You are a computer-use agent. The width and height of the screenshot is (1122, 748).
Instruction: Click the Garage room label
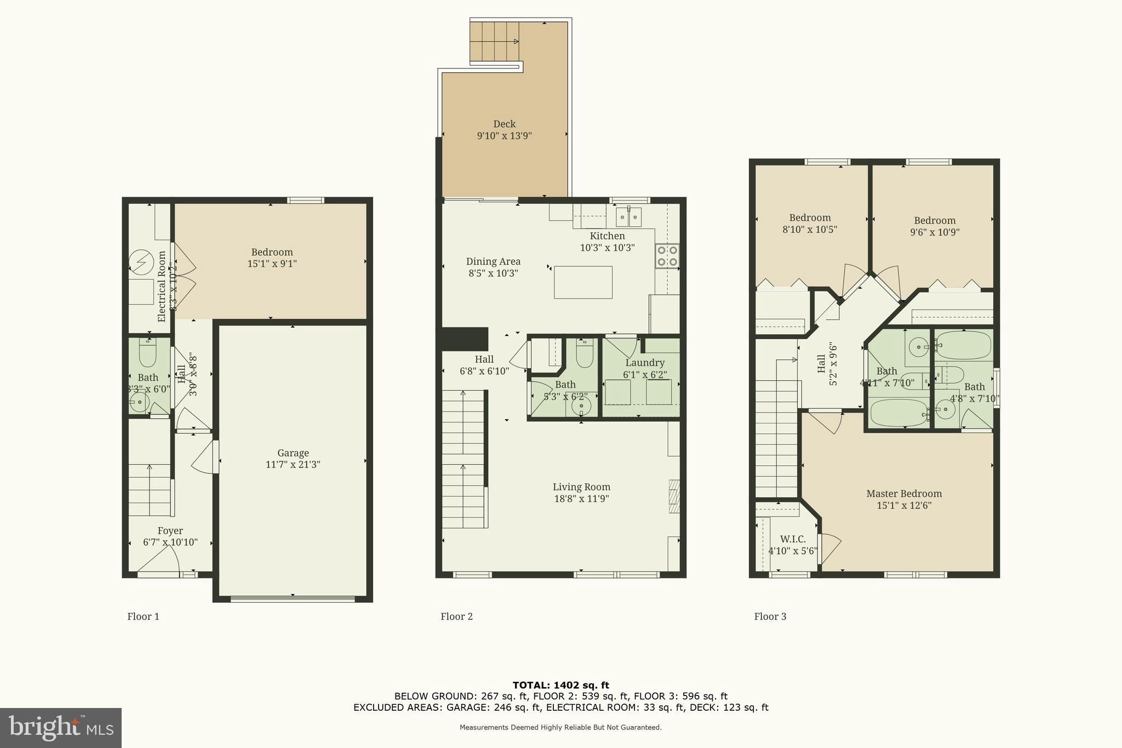pos(293,453)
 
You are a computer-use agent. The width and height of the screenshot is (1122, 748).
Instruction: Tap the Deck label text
pos(504,124)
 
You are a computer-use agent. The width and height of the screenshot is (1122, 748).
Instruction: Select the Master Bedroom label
pos(903,494)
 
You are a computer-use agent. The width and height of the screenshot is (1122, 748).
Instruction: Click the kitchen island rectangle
pos(583,282)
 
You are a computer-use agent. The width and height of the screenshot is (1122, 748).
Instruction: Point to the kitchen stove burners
pos(667,256)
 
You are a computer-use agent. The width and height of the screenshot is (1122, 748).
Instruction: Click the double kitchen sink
pos(628,217)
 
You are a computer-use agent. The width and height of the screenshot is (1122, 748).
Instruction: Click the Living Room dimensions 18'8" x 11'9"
pos(581,499)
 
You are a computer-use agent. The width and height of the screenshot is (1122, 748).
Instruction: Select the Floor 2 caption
pos(456,616)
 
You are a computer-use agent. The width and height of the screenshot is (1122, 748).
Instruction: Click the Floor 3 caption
pos(770,616)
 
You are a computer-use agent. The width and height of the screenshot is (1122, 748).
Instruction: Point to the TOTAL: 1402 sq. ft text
pos(560,685)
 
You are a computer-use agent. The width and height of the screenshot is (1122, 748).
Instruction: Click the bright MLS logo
pos(61,728)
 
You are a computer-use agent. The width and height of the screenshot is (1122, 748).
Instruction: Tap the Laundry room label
pos(645,363)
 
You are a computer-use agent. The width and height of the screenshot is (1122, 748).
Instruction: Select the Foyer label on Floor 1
pos(170,531)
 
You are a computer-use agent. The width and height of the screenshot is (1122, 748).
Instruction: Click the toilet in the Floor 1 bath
pos(148,355)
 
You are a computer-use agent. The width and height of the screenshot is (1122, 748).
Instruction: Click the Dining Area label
pos(493,262)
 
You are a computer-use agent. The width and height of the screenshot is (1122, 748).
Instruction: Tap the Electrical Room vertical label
pos(162,286)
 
